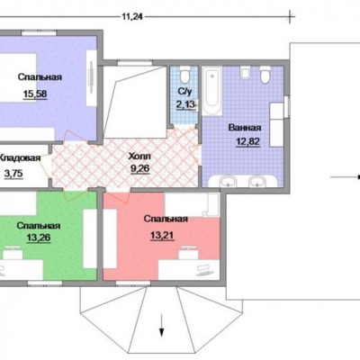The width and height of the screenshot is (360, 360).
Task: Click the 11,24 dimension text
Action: [132, 17]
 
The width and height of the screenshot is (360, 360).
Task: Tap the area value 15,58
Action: [35, 94]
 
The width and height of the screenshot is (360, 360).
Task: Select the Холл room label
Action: [139, 157]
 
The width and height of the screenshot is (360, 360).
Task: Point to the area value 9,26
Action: [139, 169]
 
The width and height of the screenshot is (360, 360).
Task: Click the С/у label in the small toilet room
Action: [184, 91]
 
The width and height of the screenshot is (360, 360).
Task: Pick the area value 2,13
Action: [185, 104]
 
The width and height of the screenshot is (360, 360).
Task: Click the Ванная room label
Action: [245, 128]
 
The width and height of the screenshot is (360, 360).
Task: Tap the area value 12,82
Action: [247, 141]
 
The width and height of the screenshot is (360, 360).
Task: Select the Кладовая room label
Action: [20, 158]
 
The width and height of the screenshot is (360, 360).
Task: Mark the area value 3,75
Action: [13, 174]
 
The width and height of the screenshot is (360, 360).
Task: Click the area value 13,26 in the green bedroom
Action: [39, 238]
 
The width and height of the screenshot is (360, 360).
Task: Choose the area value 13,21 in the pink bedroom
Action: [162, 236]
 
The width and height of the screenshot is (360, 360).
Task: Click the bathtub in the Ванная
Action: [211, 91]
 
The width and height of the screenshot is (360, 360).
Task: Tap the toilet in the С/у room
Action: [185, 76]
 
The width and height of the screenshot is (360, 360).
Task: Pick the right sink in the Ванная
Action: [256, 181]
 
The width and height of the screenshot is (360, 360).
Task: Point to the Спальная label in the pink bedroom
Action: [166, 219]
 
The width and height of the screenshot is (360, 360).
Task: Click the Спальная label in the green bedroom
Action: [39, 225]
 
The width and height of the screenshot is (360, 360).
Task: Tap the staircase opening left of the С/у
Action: [135, 102]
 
